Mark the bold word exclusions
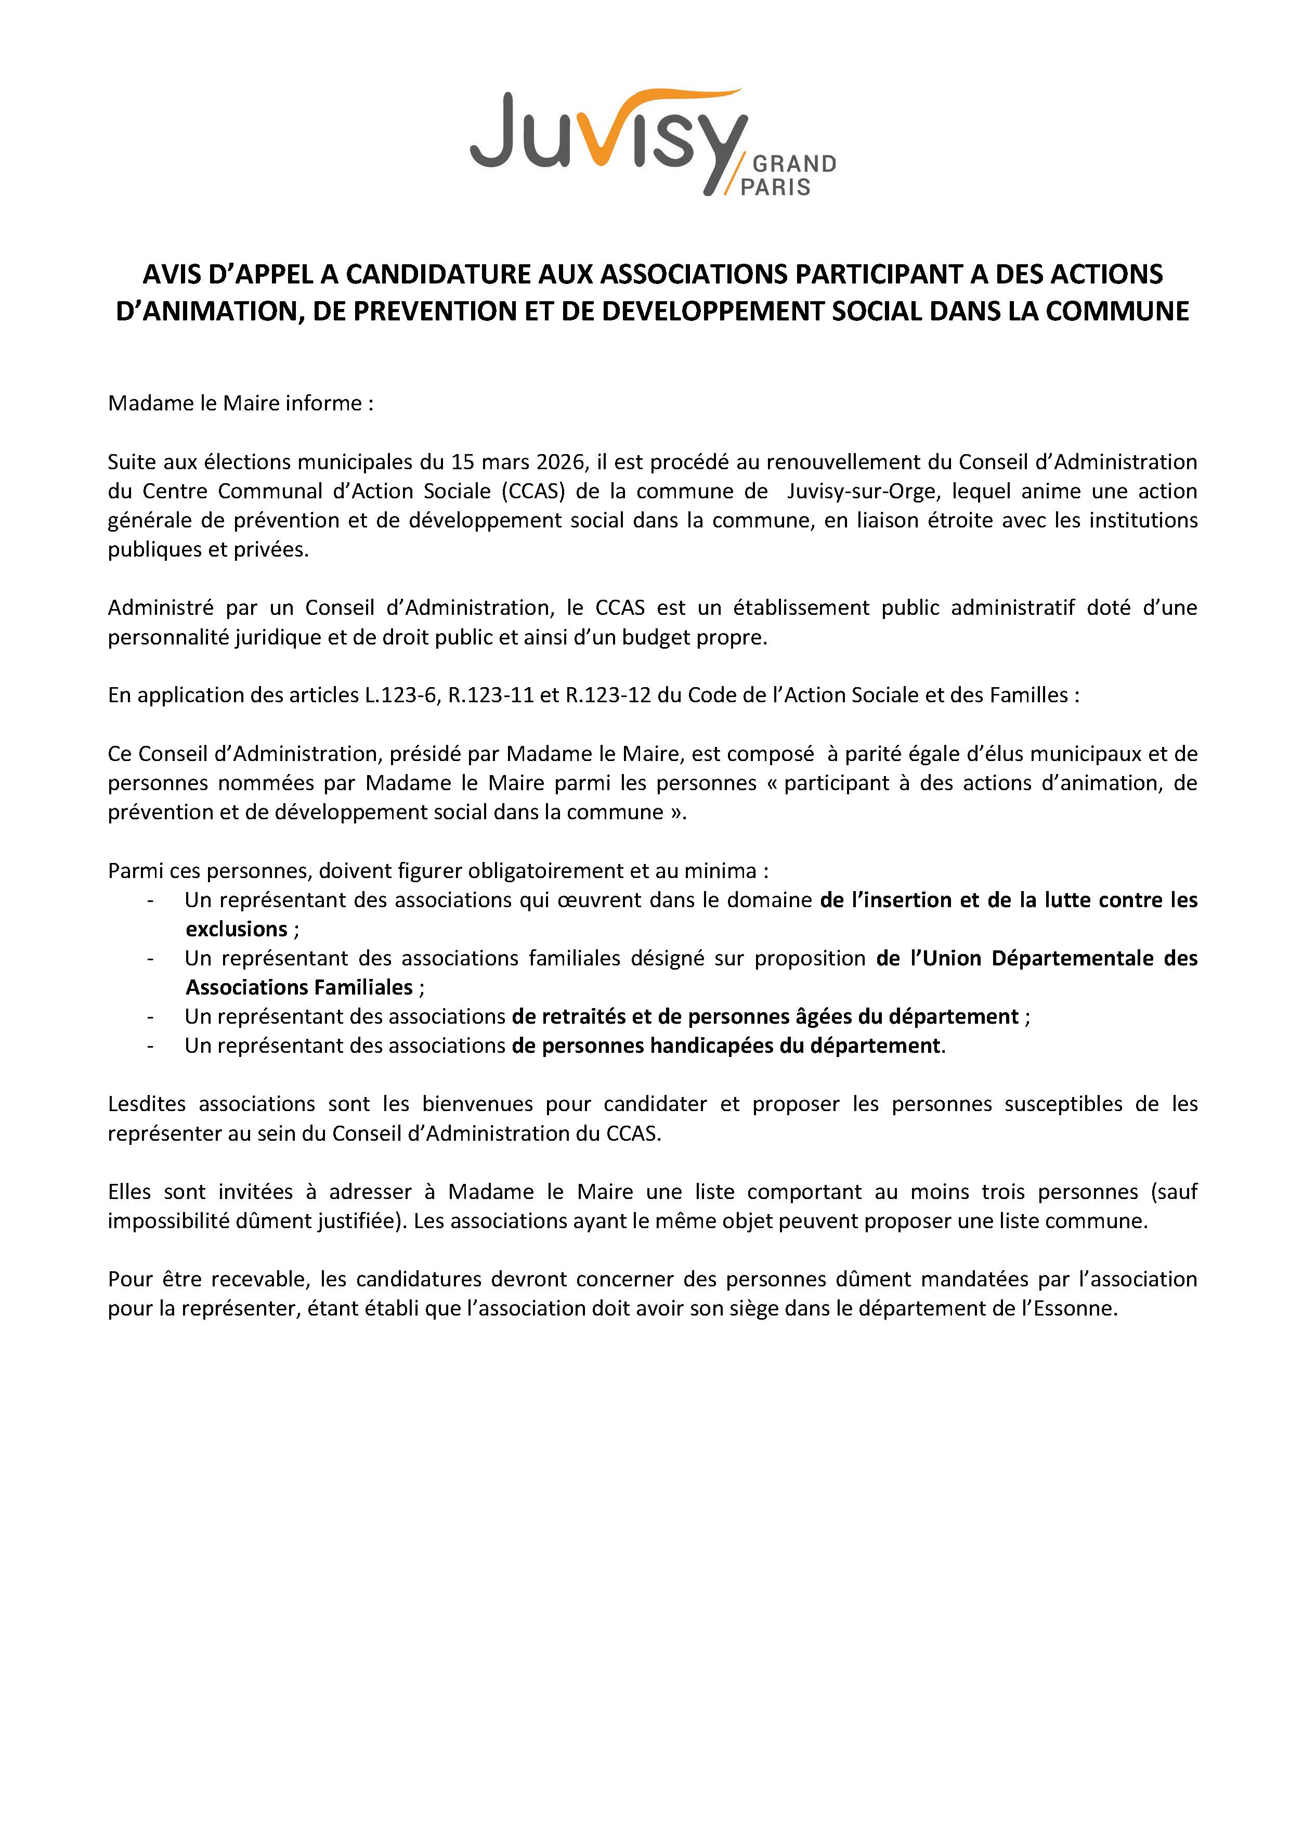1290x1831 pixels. click(236, 929)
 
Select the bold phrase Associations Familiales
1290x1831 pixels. click(299, 987)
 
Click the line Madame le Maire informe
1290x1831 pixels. click(240, 404)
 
